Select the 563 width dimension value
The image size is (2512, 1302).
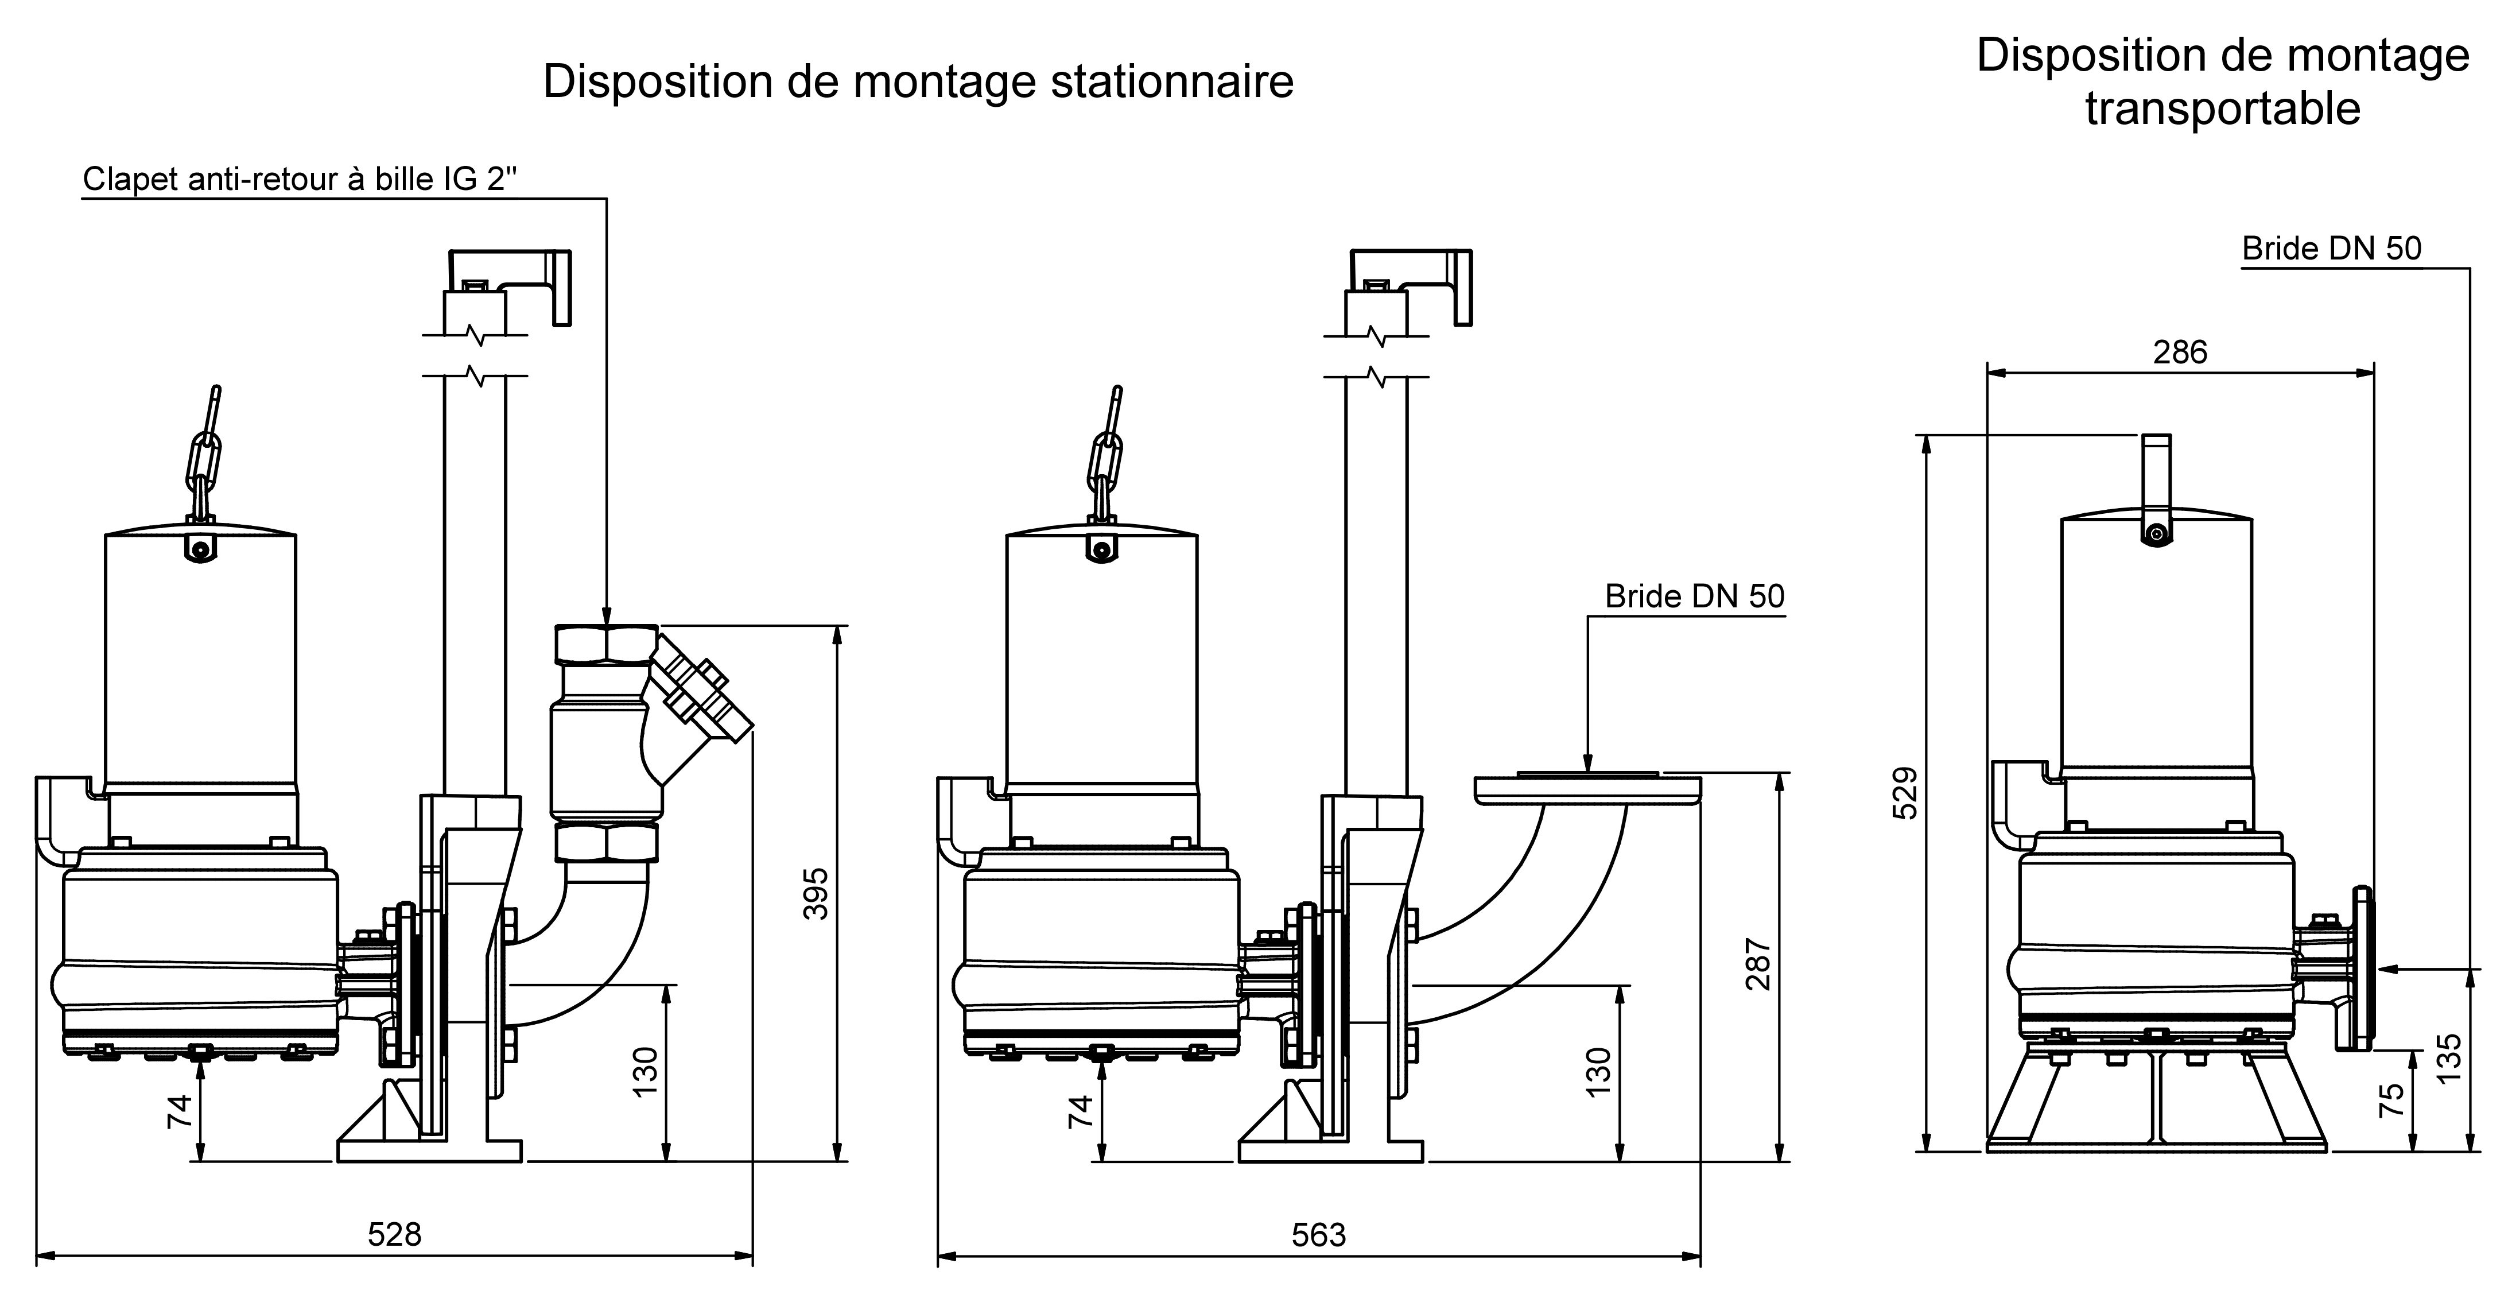1318,1235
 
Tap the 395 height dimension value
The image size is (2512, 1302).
815,893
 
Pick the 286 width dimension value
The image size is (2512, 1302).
2180,352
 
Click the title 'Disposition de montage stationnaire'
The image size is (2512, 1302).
918,81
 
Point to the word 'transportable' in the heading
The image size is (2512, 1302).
2222,108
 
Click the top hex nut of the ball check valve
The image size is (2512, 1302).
604,644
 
